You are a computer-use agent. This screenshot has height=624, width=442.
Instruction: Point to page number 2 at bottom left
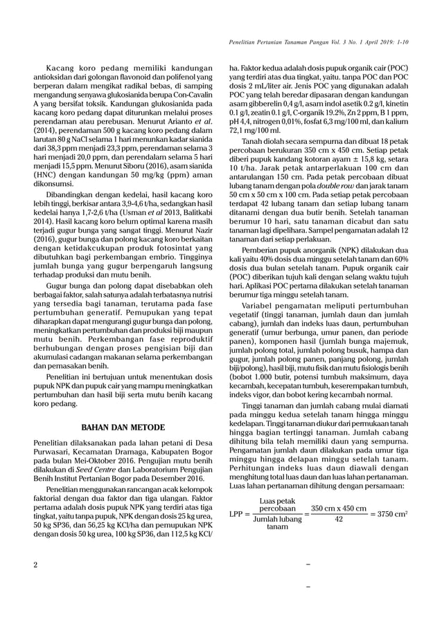point(36,565)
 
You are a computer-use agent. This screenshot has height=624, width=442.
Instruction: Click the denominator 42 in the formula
point(338,520)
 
